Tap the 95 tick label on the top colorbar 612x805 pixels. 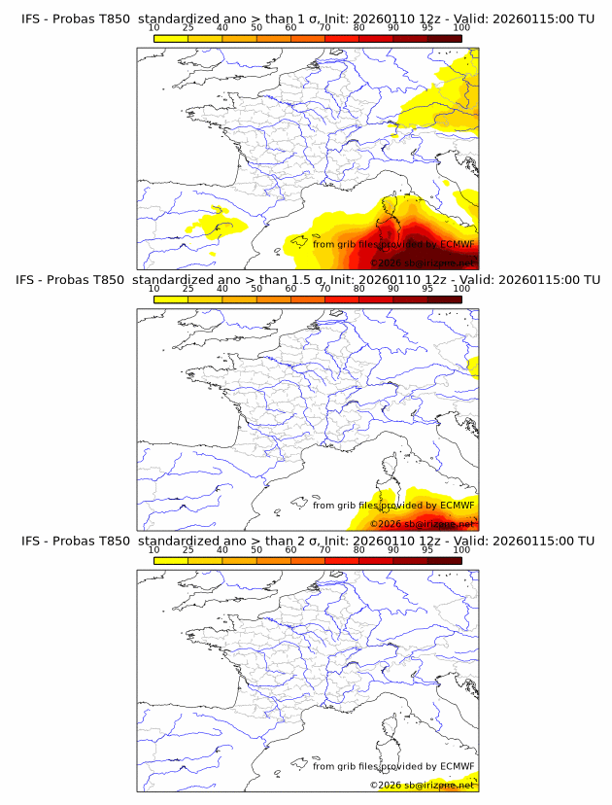pos(427,27)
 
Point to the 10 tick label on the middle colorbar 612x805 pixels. pos(153,289)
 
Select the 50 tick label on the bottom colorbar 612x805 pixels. pos(256,549)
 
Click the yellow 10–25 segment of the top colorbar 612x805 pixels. pos(171,38)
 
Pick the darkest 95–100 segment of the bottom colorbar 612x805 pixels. pos(444,560)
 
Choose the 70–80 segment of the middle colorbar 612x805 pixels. pos(342,299)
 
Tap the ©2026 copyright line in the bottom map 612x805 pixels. pos(421,785)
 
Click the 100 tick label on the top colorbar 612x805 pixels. pos(460,27)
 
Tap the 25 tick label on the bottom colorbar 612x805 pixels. pos(187,549)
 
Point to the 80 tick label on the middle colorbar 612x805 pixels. pos(359,289)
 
